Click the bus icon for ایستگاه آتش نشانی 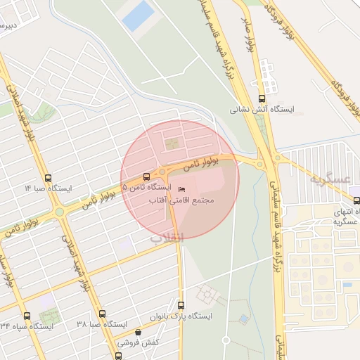point(262,99)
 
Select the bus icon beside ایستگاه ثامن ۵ point(146,176)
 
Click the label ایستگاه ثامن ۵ point(146,188)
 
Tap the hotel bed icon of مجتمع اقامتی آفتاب point(182,189)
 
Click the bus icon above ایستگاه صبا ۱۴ point(48,178)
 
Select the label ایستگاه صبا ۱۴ point(48,188)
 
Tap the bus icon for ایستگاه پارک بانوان point(181,306)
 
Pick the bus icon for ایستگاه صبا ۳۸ point(102,314)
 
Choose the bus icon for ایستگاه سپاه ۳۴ point(27,316)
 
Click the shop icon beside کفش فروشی point(138,333)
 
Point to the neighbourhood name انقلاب point(166,238)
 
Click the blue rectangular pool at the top point(139,15)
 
